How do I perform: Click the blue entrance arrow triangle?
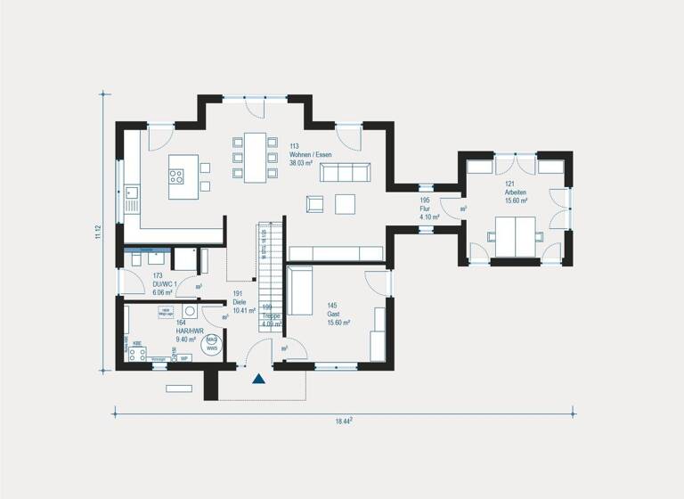(258, 379)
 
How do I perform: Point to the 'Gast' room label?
(332, 314)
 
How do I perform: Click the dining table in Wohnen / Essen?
(255, 157)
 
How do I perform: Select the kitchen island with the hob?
(183, 169)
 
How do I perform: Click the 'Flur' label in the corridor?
(426, 209)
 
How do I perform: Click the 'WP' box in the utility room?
(183, 358)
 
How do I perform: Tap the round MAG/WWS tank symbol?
(211, 344)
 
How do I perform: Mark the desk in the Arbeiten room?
(513, 233)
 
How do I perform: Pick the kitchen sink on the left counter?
(132, 191)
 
